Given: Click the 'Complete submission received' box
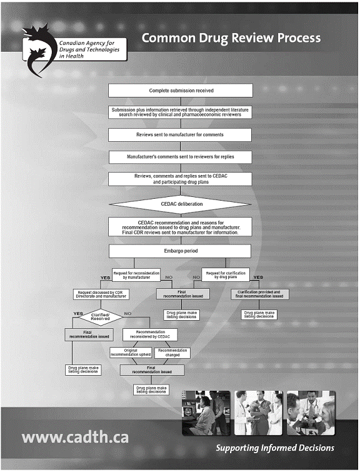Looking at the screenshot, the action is tap(180, 90).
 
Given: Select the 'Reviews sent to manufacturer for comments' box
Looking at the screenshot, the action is tap(180, 135).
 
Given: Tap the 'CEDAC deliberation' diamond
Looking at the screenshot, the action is tap(180, 204).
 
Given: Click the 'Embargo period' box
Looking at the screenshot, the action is tap(180, 251).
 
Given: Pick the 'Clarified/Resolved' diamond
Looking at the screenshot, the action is tap(101, 317).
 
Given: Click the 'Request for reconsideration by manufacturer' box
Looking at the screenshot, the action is tap(136, 275).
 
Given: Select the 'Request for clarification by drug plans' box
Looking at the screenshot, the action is tap(226, 275).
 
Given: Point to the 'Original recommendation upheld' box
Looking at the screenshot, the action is tap(131, 353).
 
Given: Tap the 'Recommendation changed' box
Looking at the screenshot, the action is tap(172, 353).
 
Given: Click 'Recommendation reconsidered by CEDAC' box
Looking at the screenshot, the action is tap(150, 334).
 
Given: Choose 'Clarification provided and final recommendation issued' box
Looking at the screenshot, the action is tap(259, 294).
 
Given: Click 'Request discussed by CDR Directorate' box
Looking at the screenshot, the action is tap(101, 294).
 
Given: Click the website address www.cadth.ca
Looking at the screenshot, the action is tap(75, 438).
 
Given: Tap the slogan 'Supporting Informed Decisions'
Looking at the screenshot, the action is tap(275, 448).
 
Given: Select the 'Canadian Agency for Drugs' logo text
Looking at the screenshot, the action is tap(89, 49).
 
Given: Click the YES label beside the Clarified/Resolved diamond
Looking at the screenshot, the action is tap(78, 314).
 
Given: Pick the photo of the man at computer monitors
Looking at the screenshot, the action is tap(206, 413).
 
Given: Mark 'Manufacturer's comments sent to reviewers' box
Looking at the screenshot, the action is tap(180, 157).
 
